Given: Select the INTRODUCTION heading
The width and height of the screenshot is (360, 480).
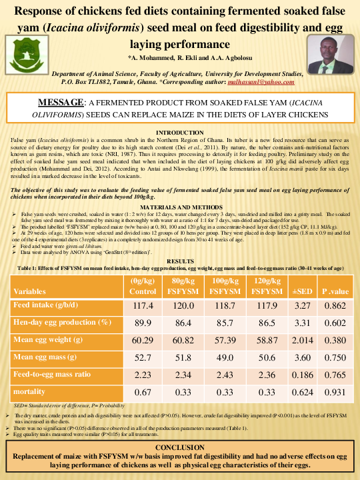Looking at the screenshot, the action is pos(180,133).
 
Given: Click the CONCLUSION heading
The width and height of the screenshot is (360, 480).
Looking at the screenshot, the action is pos(180,446).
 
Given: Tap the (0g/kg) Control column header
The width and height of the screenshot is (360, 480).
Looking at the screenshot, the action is pos(143,286).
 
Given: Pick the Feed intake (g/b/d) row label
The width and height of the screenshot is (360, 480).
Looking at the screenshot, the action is pos(43,305).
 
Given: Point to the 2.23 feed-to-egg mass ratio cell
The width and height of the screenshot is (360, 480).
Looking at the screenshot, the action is pos(143,374).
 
